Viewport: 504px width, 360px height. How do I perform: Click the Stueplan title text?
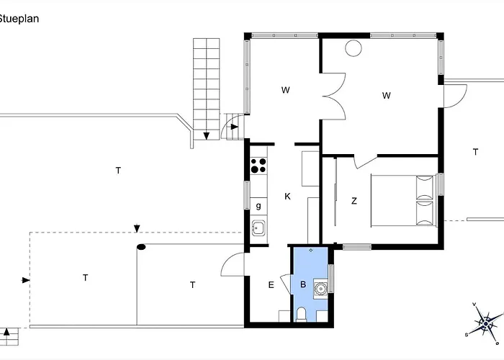click(19, 19)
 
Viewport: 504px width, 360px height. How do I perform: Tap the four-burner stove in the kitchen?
click(258, 166)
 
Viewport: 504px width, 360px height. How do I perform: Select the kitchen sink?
click(258, 228)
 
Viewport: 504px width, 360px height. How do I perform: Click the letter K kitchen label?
click(288, 196)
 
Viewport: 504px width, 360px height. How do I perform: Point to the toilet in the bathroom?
click(301, 315)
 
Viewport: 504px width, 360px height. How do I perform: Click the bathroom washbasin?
click(320, 288)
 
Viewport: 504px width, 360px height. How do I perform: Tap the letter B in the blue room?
click(303, 284)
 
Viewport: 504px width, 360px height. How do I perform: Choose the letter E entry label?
click(271, 285)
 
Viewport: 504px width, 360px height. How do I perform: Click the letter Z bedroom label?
click(354, 201)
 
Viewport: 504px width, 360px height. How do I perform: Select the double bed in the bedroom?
click(403, 200)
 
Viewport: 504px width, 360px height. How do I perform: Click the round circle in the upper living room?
click(354, 48)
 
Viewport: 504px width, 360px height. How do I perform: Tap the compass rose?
click(486, 322)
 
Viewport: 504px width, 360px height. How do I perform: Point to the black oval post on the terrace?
click(141, 247)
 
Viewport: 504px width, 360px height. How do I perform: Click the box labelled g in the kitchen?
click(258, 206)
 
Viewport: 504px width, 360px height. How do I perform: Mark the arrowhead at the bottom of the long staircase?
click(207, 136)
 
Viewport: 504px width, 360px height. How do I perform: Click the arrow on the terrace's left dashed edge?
click(26, 280)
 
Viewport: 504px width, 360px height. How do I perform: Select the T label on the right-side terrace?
click(475, 151)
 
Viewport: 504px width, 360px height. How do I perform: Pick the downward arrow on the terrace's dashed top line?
click(137, 228)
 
